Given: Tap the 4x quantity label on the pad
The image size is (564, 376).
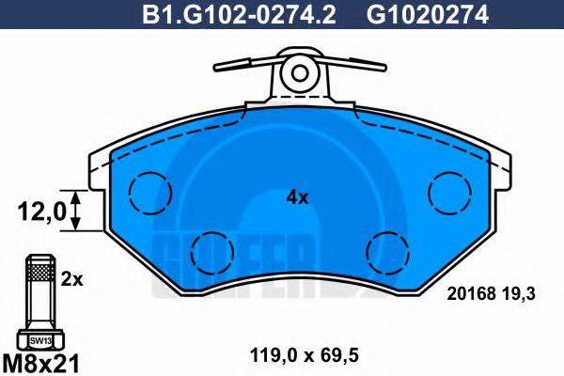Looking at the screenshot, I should pyautogui.click(x=297, y=197).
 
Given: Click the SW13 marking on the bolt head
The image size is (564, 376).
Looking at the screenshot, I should pyautogui.click(x=39, y=339).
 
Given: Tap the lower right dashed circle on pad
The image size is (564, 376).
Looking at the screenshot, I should pyautogui.click(x=385, y=250).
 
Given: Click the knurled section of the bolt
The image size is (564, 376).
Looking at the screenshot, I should pyautogui.click(x=39, y=274).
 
